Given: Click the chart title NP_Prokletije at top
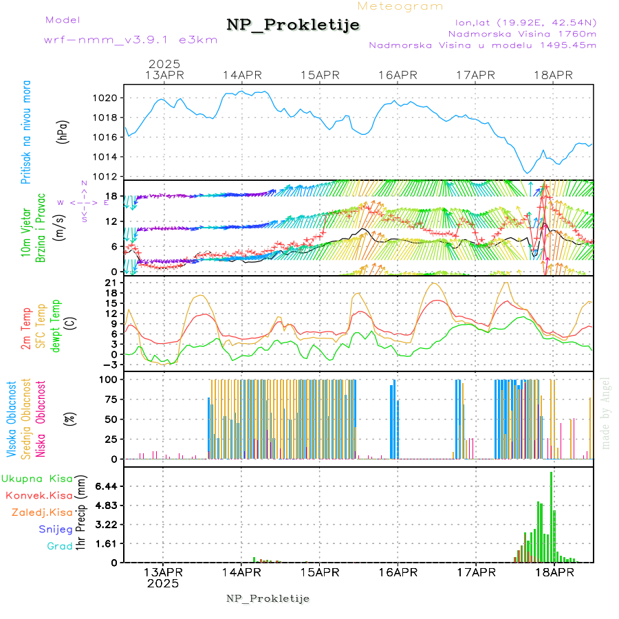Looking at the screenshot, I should click(x=293, y=25).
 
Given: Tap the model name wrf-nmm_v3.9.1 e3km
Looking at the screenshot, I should click(x=131, y=40).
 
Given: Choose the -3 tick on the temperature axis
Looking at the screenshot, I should click(x=110, y=365).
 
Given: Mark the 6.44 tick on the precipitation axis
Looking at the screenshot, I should click(x=105, y=486).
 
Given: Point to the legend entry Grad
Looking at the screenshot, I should click(x=59, y=546).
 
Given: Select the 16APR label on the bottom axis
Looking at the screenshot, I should click(x=397, y=572).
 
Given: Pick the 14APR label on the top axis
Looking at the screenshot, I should click(x=241, y=75).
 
